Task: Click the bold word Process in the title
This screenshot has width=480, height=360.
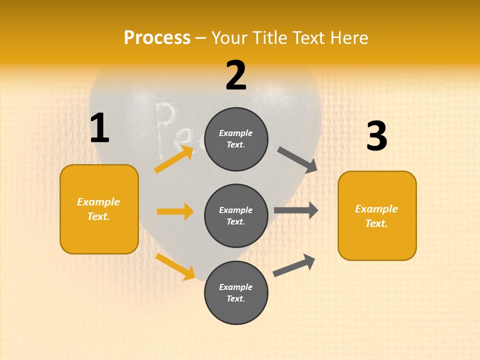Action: [157, 37]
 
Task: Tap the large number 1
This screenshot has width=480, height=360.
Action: [99, 128]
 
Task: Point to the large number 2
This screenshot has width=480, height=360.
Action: [236, 75]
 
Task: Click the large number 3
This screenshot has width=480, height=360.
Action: [376, 136]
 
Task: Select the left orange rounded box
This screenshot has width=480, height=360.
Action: [99, 209]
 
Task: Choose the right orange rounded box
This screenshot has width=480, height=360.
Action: [377, 215]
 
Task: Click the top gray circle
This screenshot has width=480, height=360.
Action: [236, 139]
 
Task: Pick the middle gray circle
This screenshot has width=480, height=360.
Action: [236, 215]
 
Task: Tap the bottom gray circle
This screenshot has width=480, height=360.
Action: [236, 292]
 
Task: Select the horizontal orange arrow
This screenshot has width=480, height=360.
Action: [175, 211]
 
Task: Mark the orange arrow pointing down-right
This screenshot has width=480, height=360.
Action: [175, 266]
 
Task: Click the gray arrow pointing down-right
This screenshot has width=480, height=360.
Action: [297, 160]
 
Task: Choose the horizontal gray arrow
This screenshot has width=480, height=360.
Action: [295, 210]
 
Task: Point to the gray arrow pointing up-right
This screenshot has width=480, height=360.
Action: [294, 265]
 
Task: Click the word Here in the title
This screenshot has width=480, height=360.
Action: [348, 37]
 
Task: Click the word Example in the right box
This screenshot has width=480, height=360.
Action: [376, 209]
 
